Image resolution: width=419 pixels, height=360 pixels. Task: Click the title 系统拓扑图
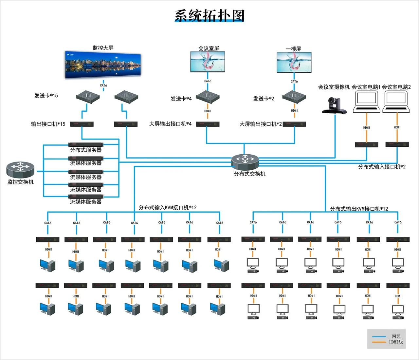click(x=209, y=15)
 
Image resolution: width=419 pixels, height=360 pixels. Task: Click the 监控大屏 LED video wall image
click(x=103, y=66)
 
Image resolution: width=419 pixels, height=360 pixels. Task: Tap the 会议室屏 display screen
click(x=208, y=62)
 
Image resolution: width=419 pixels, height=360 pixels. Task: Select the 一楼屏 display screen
click(x=294, y=62)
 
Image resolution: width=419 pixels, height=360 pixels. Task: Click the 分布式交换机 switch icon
click(x=245, y=160)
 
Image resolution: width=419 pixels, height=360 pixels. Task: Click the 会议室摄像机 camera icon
click(x=334, y=105)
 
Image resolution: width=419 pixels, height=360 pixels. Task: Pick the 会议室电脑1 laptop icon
click(x=366, y=102)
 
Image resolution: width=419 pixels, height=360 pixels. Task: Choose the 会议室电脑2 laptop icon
click(x=396, y=102)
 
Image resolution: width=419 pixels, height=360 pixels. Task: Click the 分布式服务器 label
click(x=86, y=150)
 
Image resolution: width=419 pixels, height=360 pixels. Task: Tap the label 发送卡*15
click(x=46, y=96)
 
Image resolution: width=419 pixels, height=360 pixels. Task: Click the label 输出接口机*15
click(x=48, y=124)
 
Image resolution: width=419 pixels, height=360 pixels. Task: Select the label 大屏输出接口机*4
click(x=170, y=124)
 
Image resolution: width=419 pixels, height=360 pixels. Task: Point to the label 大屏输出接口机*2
click(x=261, y=124)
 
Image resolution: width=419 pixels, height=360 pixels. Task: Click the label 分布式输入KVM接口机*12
click(x=168, y=208)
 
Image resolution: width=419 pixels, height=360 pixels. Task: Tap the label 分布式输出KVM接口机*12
click(x=359, y=209)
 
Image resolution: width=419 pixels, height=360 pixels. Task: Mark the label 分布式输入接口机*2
click(x=382, y=167)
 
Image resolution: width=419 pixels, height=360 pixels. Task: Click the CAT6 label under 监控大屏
click(x=103, y=85)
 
